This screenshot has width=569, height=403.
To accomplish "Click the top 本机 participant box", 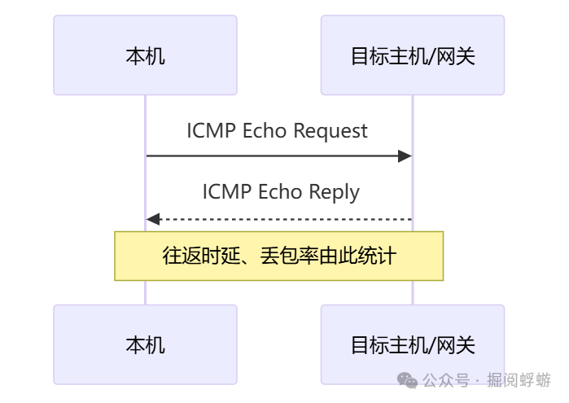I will [145, 55].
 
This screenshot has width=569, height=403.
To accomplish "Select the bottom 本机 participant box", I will [145, 344].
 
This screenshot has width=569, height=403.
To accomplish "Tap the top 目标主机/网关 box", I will [412, 55].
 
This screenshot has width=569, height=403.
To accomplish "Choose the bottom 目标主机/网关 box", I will [412, 344].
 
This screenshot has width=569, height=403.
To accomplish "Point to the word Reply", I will [334, 192].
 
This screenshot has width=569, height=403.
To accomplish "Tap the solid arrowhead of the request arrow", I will [405, 156].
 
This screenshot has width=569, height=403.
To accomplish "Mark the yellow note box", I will [278, 256].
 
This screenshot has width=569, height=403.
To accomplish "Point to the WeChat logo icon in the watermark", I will [407, 380].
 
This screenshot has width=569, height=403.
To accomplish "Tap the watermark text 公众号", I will [447, 380].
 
